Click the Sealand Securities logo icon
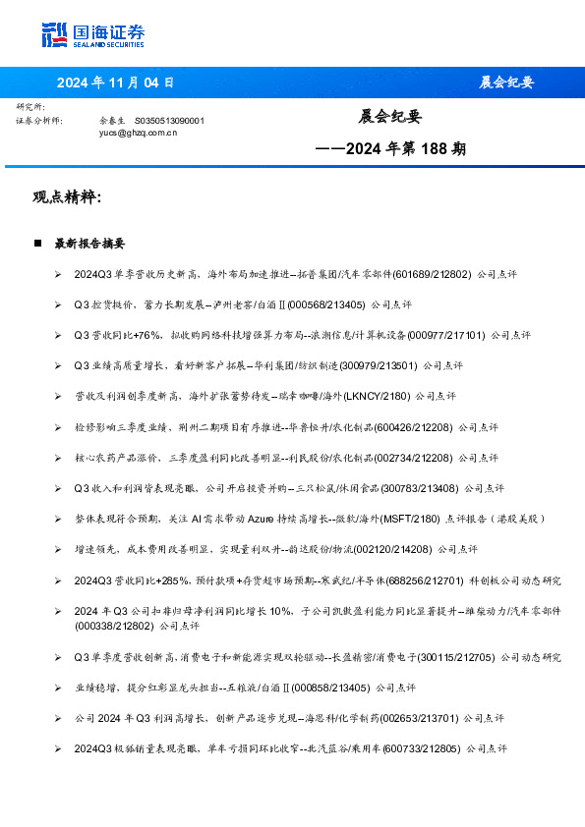click(x=55, y=34)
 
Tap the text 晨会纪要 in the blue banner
click(x=507, y=83)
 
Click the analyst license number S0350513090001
click(x=168, y=120)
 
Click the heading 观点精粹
click(x=67, y=197)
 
